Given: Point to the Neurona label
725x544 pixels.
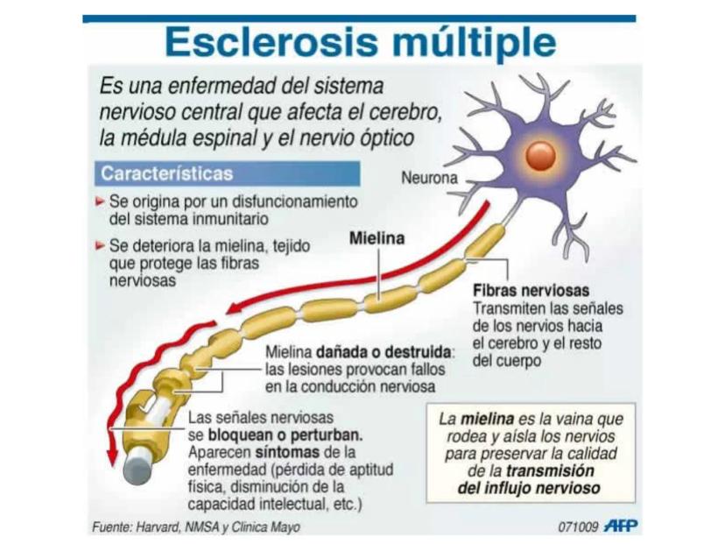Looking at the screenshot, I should click(x=429, y=178).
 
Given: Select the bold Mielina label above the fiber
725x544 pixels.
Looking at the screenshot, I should click(x=377, y=237).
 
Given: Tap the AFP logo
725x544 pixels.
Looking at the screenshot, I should click(x=621, y=526).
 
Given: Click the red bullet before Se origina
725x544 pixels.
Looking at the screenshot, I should click(x=102, y=201).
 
